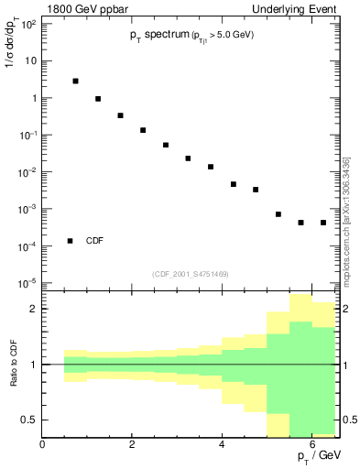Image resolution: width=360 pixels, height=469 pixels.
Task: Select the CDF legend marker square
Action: tap(70, 241)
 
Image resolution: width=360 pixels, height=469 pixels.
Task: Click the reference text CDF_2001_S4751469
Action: tap(191, 274)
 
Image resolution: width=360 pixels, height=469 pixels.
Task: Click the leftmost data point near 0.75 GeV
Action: tap(75, 81)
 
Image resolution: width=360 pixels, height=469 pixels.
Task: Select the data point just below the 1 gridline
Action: tap(98, 99)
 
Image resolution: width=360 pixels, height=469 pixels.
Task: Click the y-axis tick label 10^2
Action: tap(27, 24)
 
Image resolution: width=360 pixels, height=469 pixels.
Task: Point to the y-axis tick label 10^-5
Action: tap(27, 283)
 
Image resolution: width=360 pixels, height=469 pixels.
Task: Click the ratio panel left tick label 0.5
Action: tap(29, 420)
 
